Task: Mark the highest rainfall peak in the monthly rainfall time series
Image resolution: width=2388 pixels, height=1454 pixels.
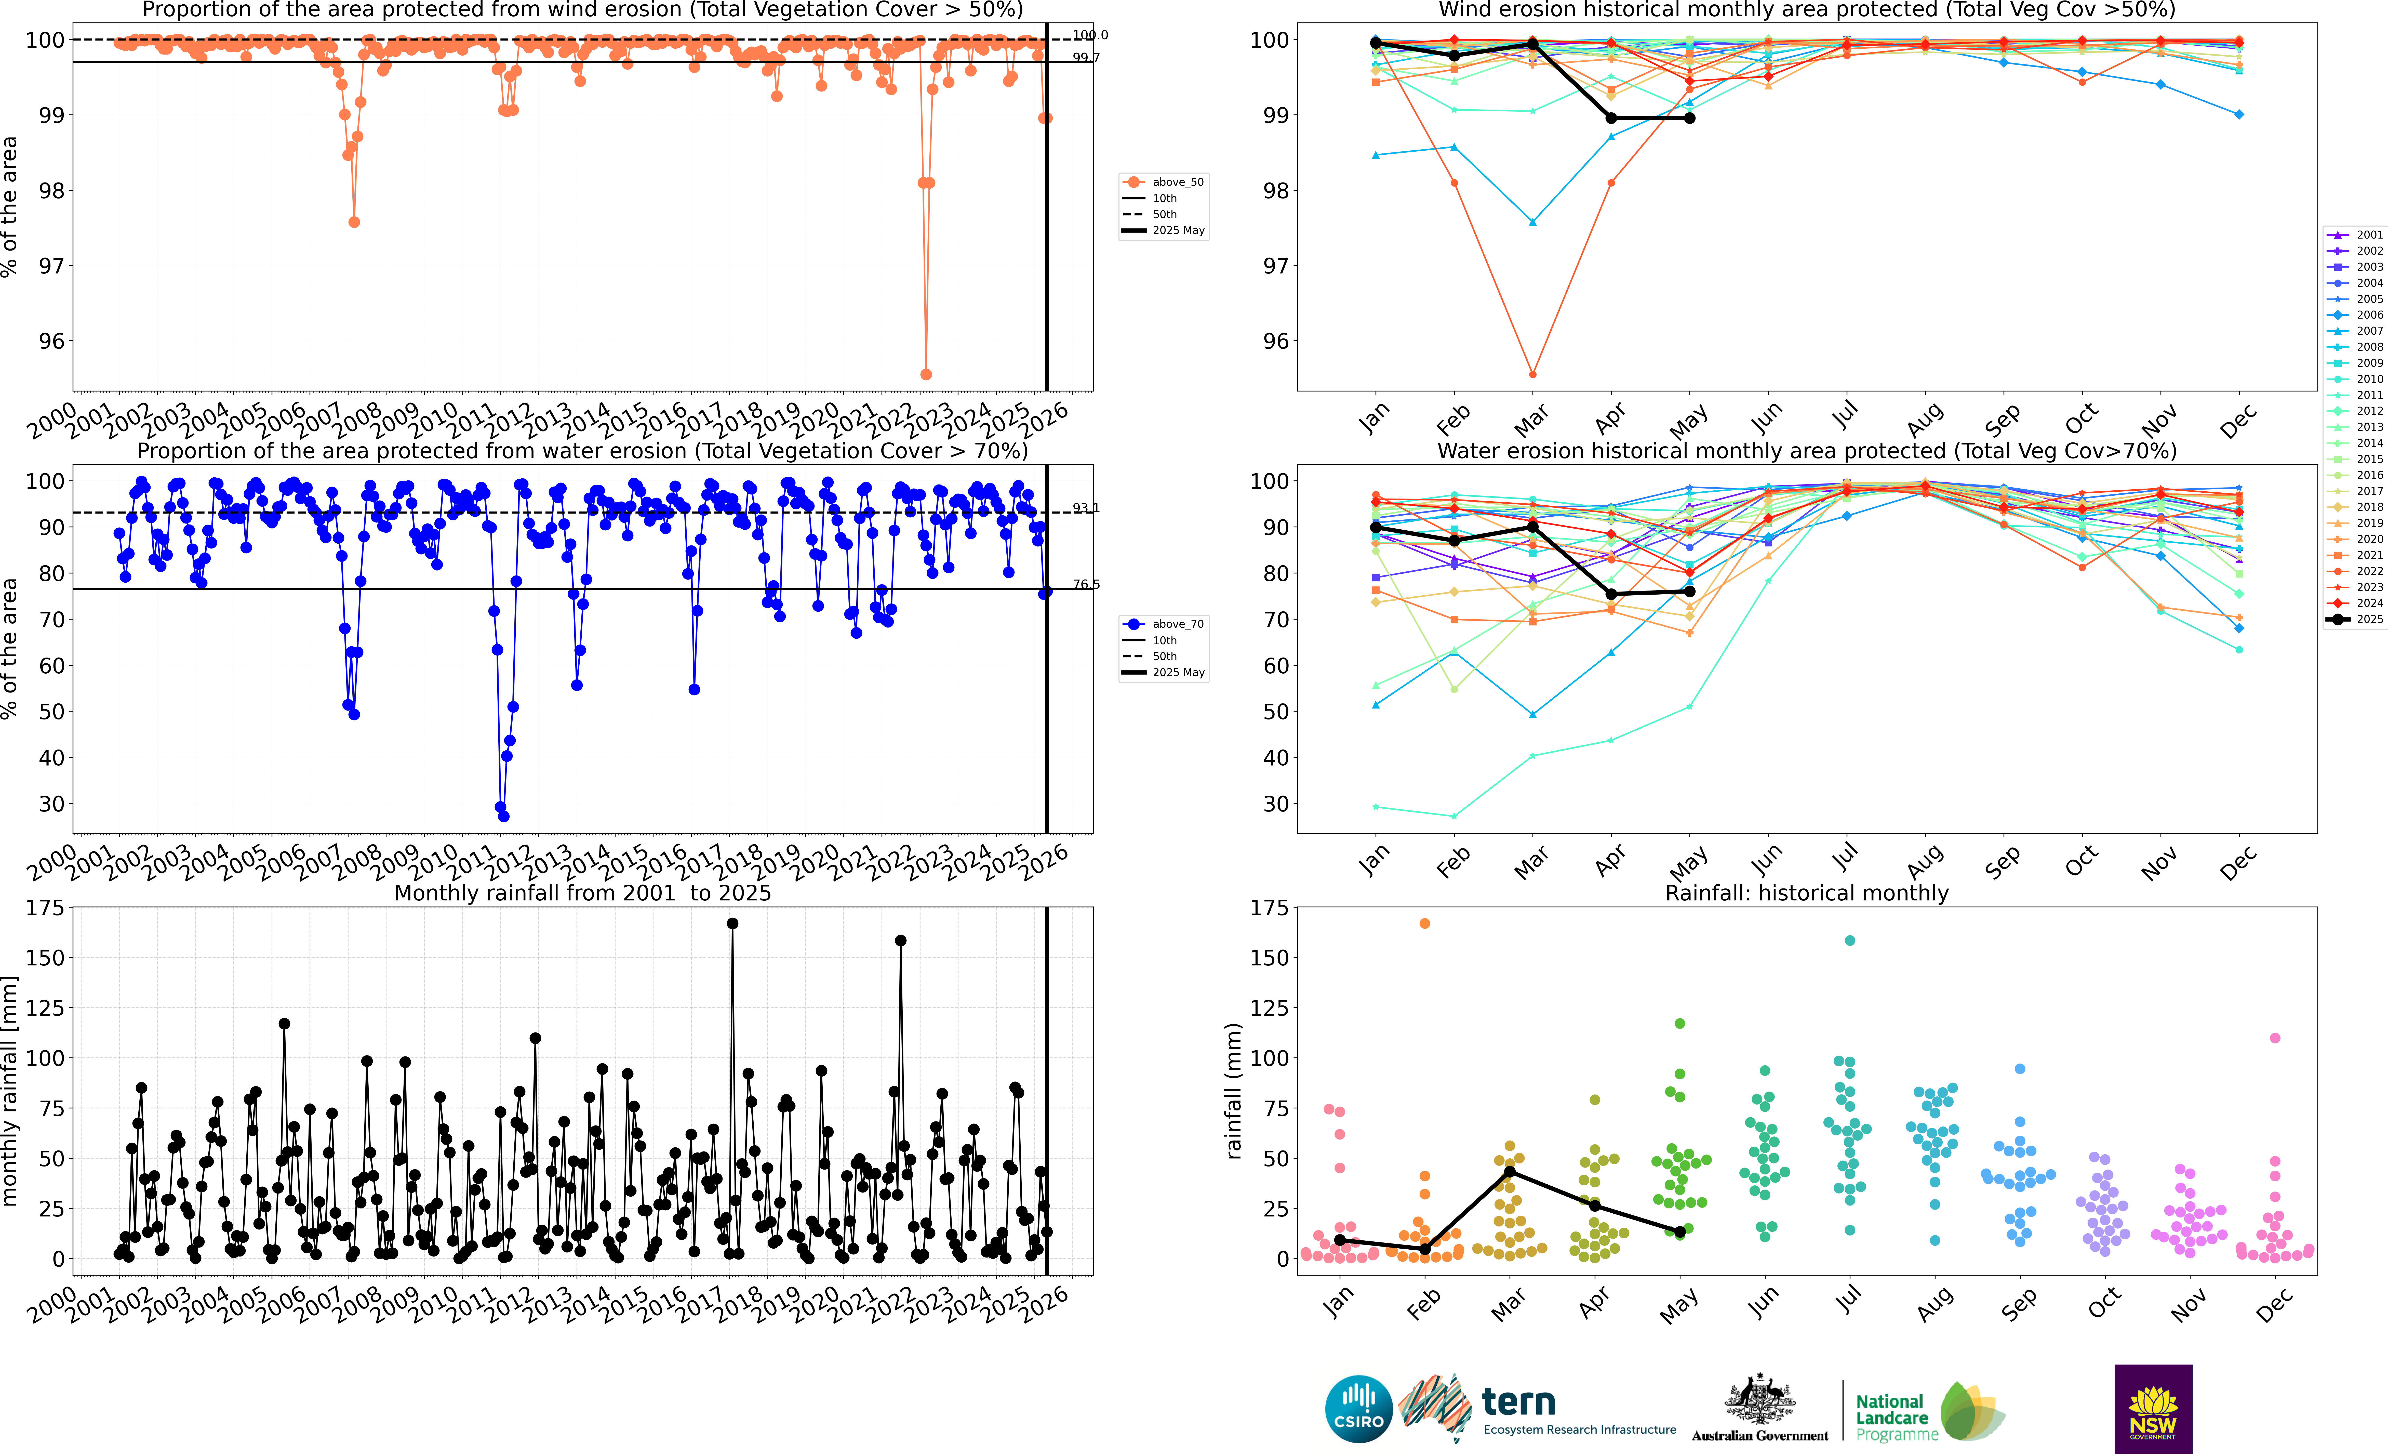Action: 732,924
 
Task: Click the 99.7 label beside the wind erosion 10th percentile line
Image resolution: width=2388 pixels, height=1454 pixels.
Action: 1085,57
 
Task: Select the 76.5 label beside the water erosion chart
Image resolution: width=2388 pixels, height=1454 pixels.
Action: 1085,584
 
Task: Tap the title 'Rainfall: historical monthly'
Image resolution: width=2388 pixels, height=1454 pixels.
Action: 1807,893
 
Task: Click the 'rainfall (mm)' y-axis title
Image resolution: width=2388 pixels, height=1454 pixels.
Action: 1233,1091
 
